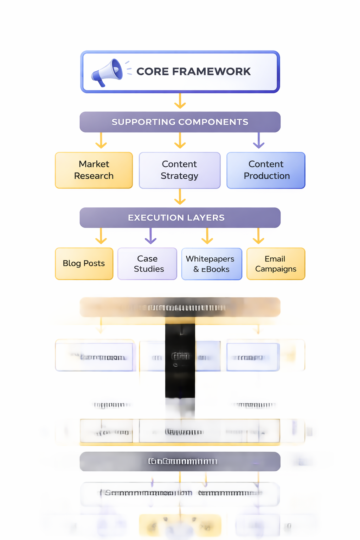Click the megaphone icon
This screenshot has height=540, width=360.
(x=107, y=72)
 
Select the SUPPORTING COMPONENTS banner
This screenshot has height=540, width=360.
(x=180, y=122)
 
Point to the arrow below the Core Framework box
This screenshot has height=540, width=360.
(x=180, y=101)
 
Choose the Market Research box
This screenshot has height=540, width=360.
(x=94, y=170)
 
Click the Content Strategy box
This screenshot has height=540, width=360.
(x=180, y=170)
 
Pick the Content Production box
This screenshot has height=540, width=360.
(x=266, y=170)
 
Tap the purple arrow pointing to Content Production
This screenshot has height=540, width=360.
(x=259, y=141)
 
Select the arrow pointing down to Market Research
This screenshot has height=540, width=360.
(x=101, y=141)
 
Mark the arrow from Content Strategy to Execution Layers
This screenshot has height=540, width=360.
(x=180, y=197)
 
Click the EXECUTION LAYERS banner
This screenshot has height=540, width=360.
(x=180, y=218)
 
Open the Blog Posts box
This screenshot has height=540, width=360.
(x=84, y=264)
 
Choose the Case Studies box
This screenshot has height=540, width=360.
(x=147, y=264)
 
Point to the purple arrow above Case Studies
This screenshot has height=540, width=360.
(x=150, y=236)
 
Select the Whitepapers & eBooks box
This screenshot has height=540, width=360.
(x=212, y=264)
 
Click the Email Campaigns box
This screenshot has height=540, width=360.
(x=276, y=264)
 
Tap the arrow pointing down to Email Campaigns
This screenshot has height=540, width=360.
(x=258, y=236)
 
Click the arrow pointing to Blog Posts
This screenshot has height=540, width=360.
(x=101, y=236)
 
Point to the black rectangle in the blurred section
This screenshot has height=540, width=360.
(x=180, y=362)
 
